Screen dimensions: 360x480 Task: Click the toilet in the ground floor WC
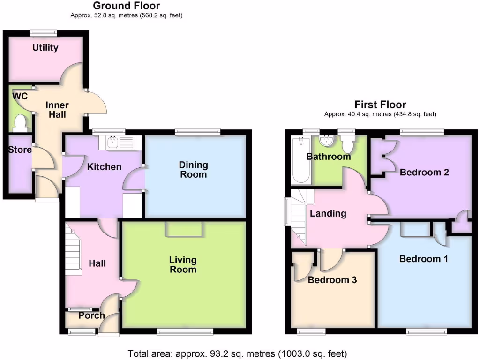tap(20, 123)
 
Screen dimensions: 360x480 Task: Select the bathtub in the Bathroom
tap(301, 160)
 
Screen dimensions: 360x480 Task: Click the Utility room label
tap(45, 47)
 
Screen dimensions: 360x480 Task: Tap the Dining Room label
tap(193, 170)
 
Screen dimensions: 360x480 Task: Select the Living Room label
tap(183, 264)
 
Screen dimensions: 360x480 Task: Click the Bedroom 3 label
tap(332, 280)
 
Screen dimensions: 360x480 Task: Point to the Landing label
tap(328, 214)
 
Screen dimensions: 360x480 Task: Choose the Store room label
tap(20, 150)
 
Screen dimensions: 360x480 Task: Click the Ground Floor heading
tap(126, 6)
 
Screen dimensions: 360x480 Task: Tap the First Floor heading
tap(380, 105)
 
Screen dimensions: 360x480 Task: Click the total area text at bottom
tap(238, 353)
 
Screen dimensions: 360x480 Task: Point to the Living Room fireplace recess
tap(183, 229)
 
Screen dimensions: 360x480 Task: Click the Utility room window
tap(43, 33)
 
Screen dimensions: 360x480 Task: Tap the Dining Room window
tap(197, 133)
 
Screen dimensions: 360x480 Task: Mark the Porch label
tap(91, 315)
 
